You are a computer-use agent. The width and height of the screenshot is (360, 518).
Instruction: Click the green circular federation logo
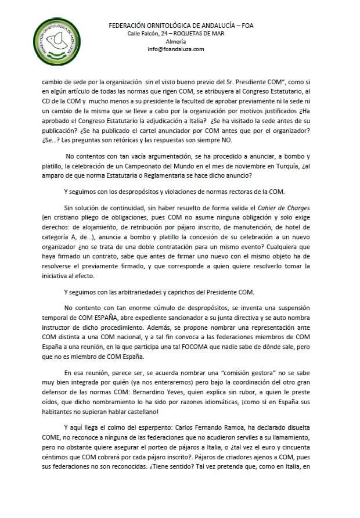pos(54,40)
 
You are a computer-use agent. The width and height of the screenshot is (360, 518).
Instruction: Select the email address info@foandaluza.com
pos(176,49)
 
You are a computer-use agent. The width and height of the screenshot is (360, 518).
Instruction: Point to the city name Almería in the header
pos(176,42)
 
